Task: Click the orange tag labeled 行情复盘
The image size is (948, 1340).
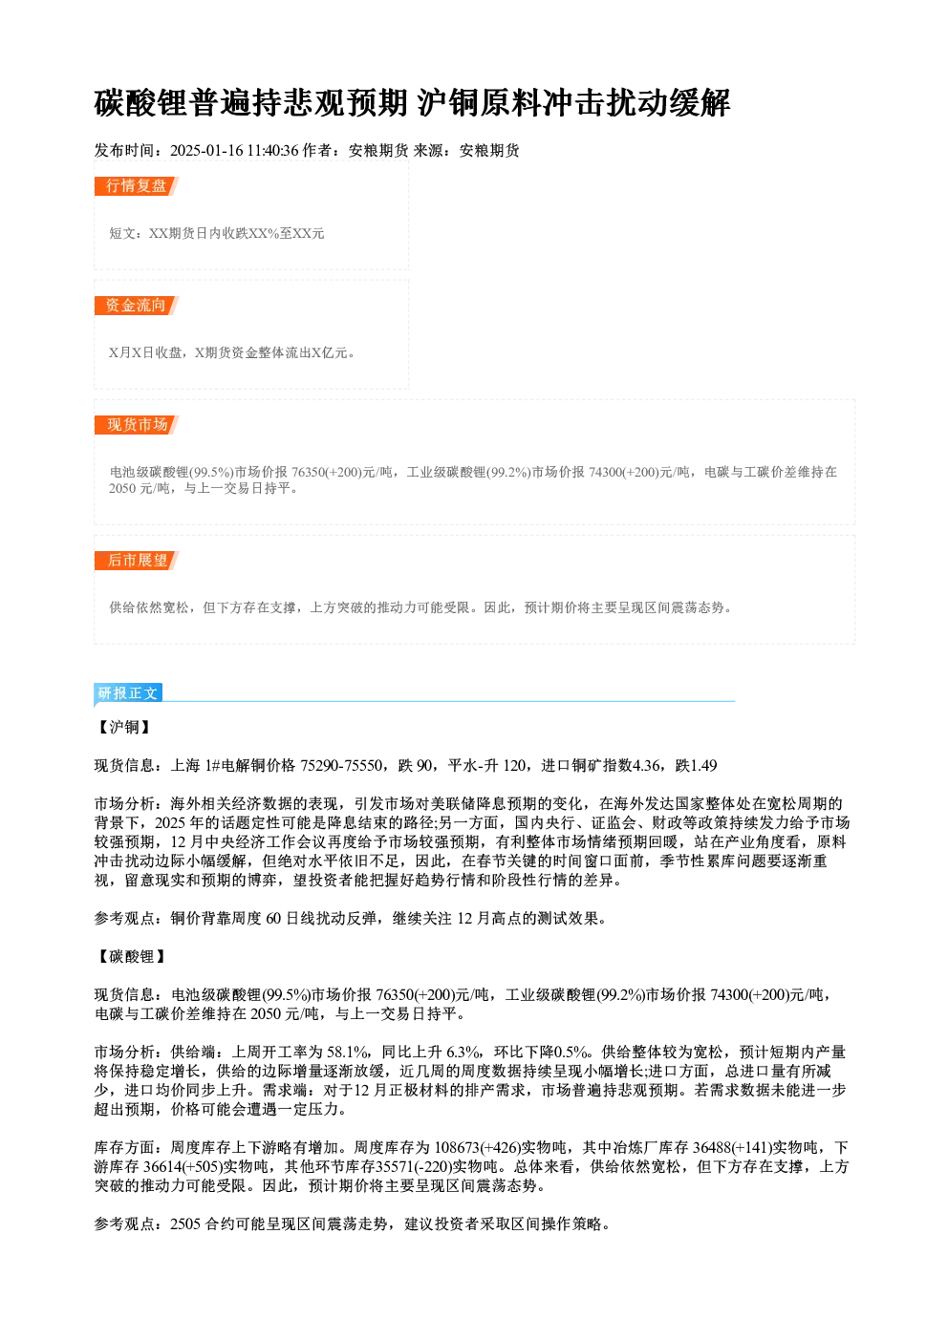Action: pyautogui.click(x=137, y=186)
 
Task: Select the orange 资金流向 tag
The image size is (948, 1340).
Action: pyautogui.click(x=137, y=306)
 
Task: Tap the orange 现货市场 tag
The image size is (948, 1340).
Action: pyautogui.click(x=137, y=425)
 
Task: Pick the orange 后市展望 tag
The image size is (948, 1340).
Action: pyautogui.click(x=137, y=561)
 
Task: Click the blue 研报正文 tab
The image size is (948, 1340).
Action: pyautogui.click(x=128, y=692)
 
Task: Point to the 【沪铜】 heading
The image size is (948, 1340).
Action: pyautogui.click(x=124, y=727)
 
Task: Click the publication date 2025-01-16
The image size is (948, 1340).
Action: pyautogui.click(x=206, y=151)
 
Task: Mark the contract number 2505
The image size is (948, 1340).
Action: pyautogui.click(x=185, y=1224)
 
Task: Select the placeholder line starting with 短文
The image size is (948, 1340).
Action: pyautogui.click(x=217, y=233)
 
